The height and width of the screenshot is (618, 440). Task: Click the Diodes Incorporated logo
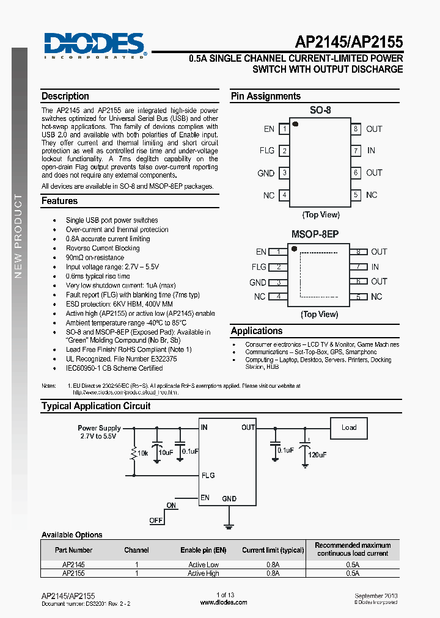[95, 46]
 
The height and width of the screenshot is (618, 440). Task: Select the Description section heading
[65, 96]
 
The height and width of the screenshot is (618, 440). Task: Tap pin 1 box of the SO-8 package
[284, 129]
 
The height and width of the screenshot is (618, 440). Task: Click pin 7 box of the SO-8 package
[355, 151]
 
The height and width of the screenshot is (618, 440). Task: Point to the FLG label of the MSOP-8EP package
[258, 267]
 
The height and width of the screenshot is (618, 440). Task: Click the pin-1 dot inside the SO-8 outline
[295, 124]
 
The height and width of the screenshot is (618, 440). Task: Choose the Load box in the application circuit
[349, 427]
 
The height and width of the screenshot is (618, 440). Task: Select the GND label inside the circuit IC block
[229, 499]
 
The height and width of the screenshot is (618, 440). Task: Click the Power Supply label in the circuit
[99, 428]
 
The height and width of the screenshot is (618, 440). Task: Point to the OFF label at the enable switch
[156, 521]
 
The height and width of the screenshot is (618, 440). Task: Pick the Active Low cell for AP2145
[204, 565]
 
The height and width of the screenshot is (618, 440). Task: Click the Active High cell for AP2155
[204, 573]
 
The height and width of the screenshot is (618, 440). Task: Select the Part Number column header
[73, 550]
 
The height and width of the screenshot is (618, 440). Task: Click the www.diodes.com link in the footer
[224, 603]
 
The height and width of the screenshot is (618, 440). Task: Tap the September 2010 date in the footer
[378, 595]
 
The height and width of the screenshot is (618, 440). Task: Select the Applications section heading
[257, 331]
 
